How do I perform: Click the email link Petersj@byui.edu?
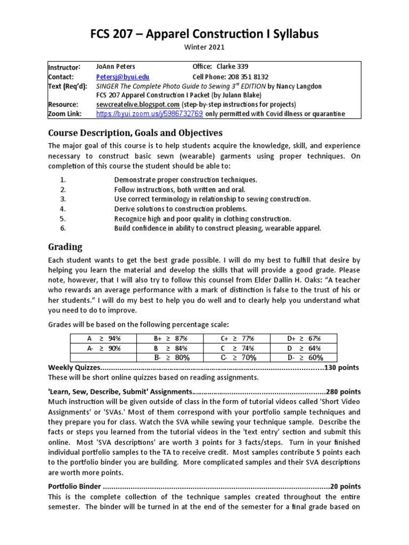pyautogui.click(x=116, y=77)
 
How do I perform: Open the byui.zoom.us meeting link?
pyautogui.click(x=150, y=114)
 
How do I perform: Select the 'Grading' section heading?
pyautogui.click(x=65, y=247)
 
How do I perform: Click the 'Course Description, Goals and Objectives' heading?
pyautogui.click(x=135, y=133)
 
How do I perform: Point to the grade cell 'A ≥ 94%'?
pyautogui.click(x=104, y=338)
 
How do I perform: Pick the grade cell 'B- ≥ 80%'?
pyautogui.click(x=171, y=358)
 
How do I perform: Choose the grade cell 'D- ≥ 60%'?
pyautogui.click(x=305, y=358)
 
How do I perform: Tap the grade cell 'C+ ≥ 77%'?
pyautogui.click(x=238, y=338)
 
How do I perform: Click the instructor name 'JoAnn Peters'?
pyautogui.click(x=116, y=67)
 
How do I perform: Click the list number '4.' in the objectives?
pyautogui.click(x=62, y=209)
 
